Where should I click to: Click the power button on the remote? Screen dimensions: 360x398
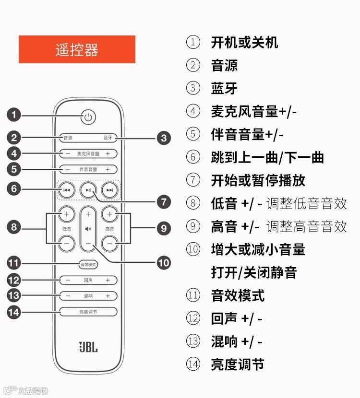(x=88, y=117)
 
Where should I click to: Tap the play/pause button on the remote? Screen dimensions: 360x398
(x=88, y=190)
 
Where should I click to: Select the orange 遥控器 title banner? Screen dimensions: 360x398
(x=77, y=49)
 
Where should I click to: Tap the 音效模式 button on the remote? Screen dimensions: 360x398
(x=88, y=264)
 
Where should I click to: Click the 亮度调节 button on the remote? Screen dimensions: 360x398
(x=88, y=312)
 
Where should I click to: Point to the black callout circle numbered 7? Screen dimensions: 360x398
(x=164, y=202)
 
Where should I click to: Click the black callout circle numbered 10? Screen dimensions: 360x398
(x=164, y=262)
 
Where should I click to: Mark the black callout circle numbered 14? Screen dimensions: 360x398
(x=13, y=312)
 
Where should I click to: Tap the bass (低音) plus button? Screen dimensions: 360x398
(x=66, y=213)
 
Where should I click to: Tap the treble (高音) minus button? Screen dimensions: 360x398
(x=110, y=244)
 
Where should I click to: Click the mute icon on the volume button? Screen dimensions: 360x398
(x=88, y=229)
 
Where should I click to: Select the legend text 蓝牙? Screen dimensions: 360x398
(x=224, y=88)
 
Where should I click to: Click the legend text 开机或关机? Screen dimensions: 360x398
(x=244, y=42)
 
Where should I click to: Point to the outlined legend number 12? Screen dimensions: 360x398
(x=193, y=318)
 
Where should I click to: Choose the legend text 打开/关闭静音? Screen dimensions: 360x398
(x=254, y=272)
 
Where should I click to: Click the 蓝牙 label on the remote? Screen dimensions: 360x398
(x=108, y=138)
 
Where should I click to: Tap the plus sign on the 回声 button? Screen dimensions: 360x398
(x=108, y=280)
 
